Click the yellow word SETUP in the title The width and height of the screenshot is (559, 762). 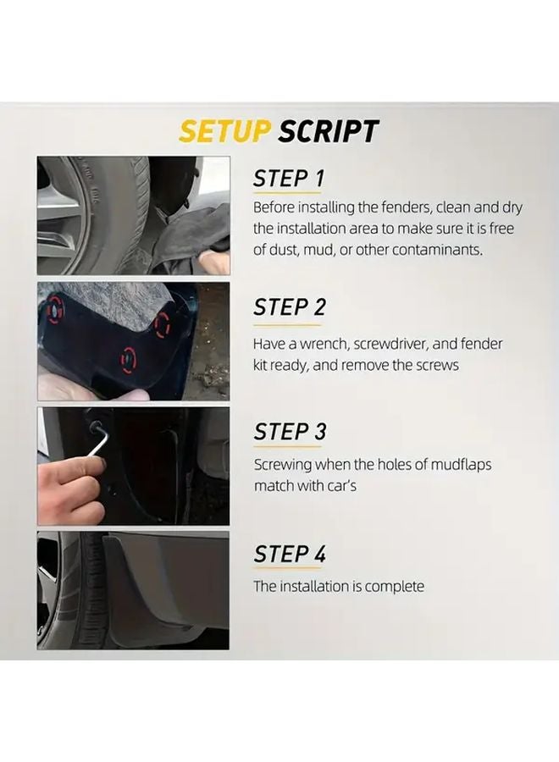pos(224,131)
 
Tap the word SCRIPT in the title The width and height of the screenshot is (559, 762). pos(328,131)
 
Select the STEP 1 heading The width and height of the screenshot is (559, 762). pos(289,179)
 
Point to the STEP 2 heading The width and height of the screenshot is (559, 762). pos(289,306)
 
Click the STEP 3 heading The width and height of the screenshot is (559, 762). pos(289,431)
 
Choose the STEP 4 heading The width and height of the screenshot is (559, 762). pos(289,554)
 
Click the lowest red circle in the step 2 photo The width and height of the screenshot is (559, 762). pos(128,359)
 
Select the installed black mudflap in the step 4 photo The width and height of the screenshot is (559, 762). pos(161,584)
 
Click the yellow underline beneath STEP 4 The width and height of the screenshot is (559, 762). pos(288,570)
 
